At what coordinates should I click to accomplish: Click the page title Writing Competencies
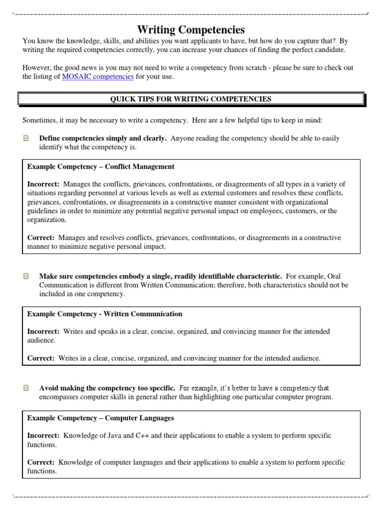coord(191,30)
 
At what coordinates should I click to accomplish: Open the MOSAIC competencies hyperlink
coord(97,77)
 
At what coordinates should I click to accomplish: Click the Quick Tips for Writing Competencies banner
coord(191,99)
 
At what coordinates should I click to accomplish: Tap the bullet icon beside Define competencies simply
coord(26,138)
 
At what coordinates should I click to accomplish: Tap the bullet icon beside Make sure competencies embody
coord(26,275)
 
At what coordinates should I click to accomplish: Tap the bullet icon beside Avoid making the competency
coord(26,387)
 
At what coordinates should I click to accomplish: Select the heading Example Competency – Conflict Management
coord(100,166)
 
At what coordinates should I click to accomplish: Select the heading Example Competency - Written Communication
coord(104,314)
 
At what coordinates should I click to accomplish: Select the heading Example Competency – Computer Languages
coord(100,418)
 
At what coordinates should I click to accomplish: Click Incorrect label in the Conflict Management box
coord(43,184)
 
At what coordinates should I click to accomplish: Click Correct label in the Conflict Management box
coord(40,238)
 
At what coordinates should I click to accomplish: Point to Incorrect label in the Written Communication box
coord(43,331)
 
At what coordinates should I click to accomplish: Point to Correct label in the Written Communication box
coord(40,358)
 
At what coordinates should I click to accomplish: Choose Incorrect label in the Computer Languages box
coord(43,435)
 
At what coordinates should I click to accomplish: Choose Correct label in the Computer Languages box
coord(40,462)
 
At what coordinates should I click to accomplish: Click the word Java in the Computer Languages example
coord(112,435)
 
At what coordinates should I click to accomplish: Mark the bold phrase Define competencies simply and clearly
coord(102,138)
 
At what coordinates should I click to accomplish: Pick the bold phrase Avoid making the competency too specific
coord(107,387)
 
